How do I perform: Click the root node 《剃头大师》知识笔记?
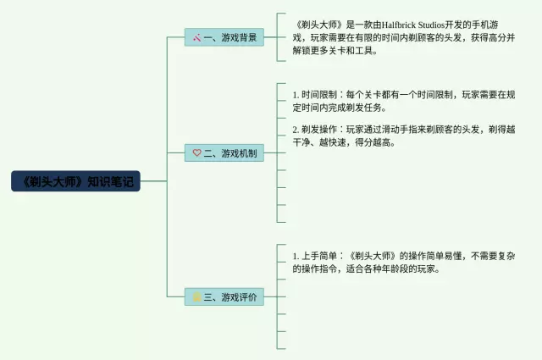pyautogui.click(x=75, y=180)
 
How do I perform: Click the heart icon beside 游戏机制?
pyautogui.click(x=196, y=153)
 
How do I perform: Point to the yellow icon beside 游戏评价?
pyautogui.click(x=196, y=297)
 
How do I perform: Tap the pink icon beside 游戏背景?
pyautogui.click(x=196, y=37)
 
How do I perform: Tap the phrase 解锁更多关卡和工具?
pyautogui.click(x=335, y=51)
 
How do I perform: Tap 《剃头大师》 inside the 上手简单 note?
pyautogui.click(x=373, y=255)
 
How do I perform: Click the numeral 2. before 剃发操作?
pyautogui.click(x=296, y=130)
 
